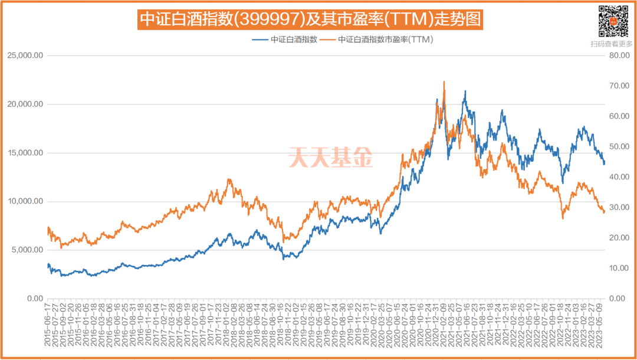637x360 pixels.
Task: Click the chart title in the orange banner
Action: pyautogui.click(x=310, y=20)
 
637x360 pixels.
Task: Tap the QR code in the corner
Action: pyautogui.click(x=612, y=20)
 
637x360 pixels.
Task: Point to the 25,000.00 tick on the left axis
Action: pyautogui.click(x=25, y=55)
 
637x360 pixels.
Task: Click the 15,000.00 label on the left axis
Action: pyautogui.click(x=25, y=153)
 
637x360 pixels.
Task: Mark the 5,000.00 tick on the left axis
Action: pyautogui.click(x=27, y=250)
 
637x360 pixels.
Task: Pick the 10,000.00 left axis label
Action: pyautogui.click(x=25, y=201)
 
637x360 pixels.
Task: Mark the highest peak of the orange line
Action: pyautogui.click(x=444, y=82)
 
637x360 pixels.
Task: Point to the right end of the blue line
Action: pyautogui.click(x=604, y=163)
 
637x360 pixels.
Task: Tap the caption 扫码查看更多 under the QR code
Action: pyautogui.click(x=612, y=43)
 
